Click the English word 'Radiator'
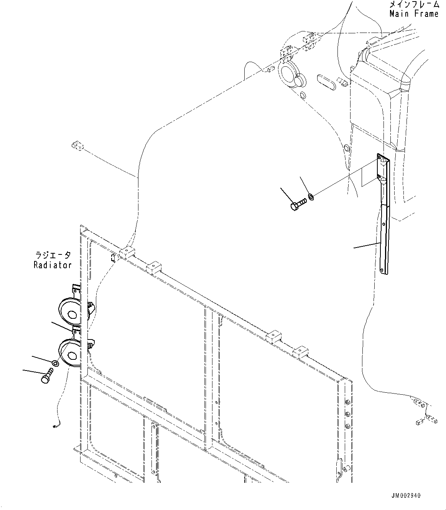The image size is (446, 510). pyautogui.click(x=53, y=265)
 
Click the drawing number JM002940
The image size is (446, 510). pyautogui.click(x=406, y=495)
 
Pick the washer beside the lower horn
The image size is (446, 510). pyautogui.click(x=56, y=362)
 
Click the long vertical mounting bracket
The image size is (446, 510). pyautogui.click(x=384, y=230)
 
